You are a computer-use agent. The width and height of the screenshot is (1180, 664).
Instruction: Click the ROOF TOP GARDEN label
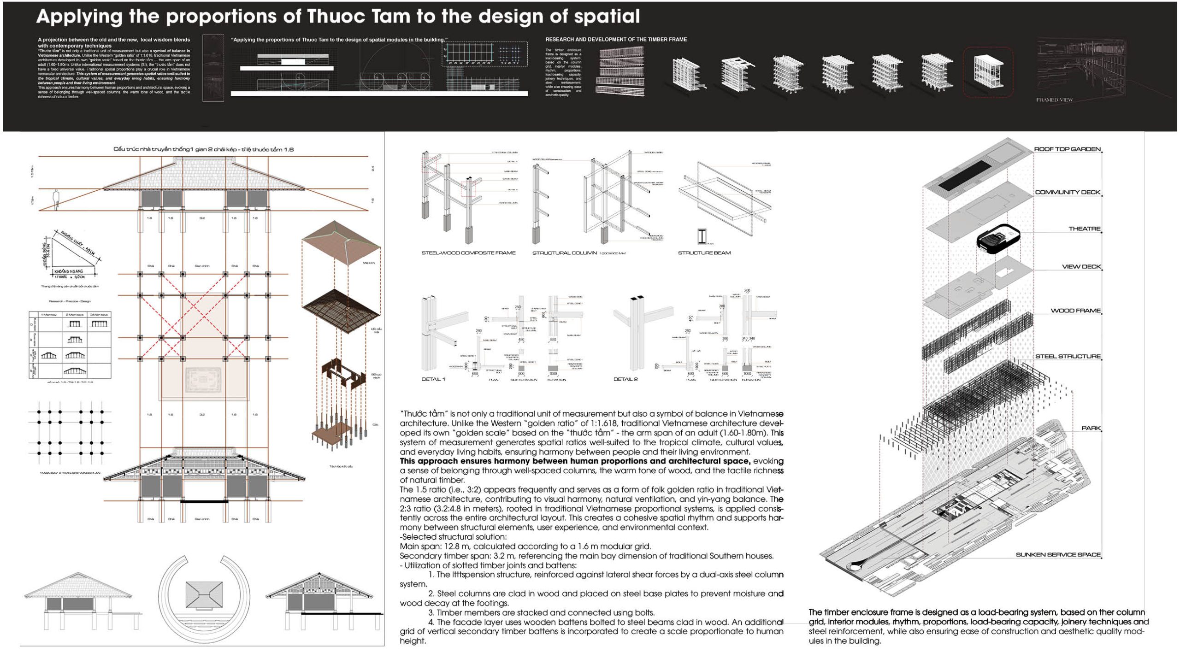1067,149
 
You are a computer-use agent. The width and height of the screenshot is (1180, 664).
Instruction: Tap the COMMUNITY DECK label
1068,192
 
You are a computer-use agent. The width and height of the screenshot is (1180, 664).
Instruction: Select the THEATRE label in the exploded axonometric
1084,229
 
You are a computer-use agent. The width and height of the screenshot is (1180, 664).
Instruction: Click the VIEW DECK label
1081,267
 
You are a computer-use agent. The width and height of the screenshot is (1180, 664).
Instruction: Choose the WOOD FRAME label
1075,311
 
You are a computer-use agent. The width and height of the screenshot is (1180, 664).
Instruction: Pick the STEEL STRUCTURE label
1068,356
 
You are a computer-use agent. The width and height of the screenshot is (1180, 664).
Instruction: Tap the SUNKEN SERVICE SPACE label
1058,555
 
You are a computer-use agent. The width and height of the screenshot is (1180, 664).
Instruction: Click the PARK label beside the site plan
1091,428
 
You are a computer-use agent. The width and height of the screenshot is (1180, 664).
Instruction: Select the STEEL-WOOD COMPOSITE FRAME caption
468,253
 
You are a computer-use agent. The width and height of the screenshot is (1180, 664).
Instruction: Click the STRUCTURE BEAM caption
704,253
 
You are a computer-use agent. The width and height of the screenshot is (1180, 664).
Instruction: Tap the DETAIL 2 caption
625,379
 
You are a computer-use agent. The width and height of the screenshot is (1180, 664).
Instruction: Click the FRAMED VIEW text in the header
1055,100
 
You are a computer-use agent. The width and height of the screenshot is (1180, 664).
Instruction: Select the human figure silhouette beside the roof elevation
56,200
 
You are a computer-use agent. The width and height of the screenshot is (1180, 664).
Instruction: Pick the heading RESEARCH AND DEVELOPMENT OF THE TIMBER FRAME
616,40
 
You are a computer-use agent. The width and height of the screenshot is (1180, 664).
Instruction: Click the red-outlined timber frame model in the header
988,73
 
